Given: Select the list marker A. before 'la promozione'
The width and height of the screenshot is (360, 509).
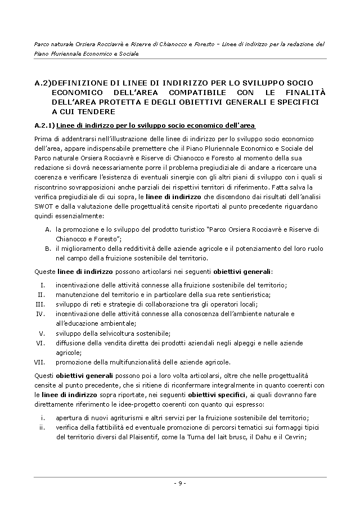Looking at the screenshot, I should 48,229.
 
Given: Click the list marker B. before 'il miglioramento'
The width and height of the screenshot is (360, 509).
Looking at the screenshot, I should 48,249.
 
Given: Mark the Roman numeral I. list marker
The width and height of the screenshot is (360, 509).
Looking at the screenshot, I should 43,285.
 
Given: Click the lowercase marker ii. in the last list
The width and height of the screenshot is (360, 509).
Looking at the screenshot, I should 42,427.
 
